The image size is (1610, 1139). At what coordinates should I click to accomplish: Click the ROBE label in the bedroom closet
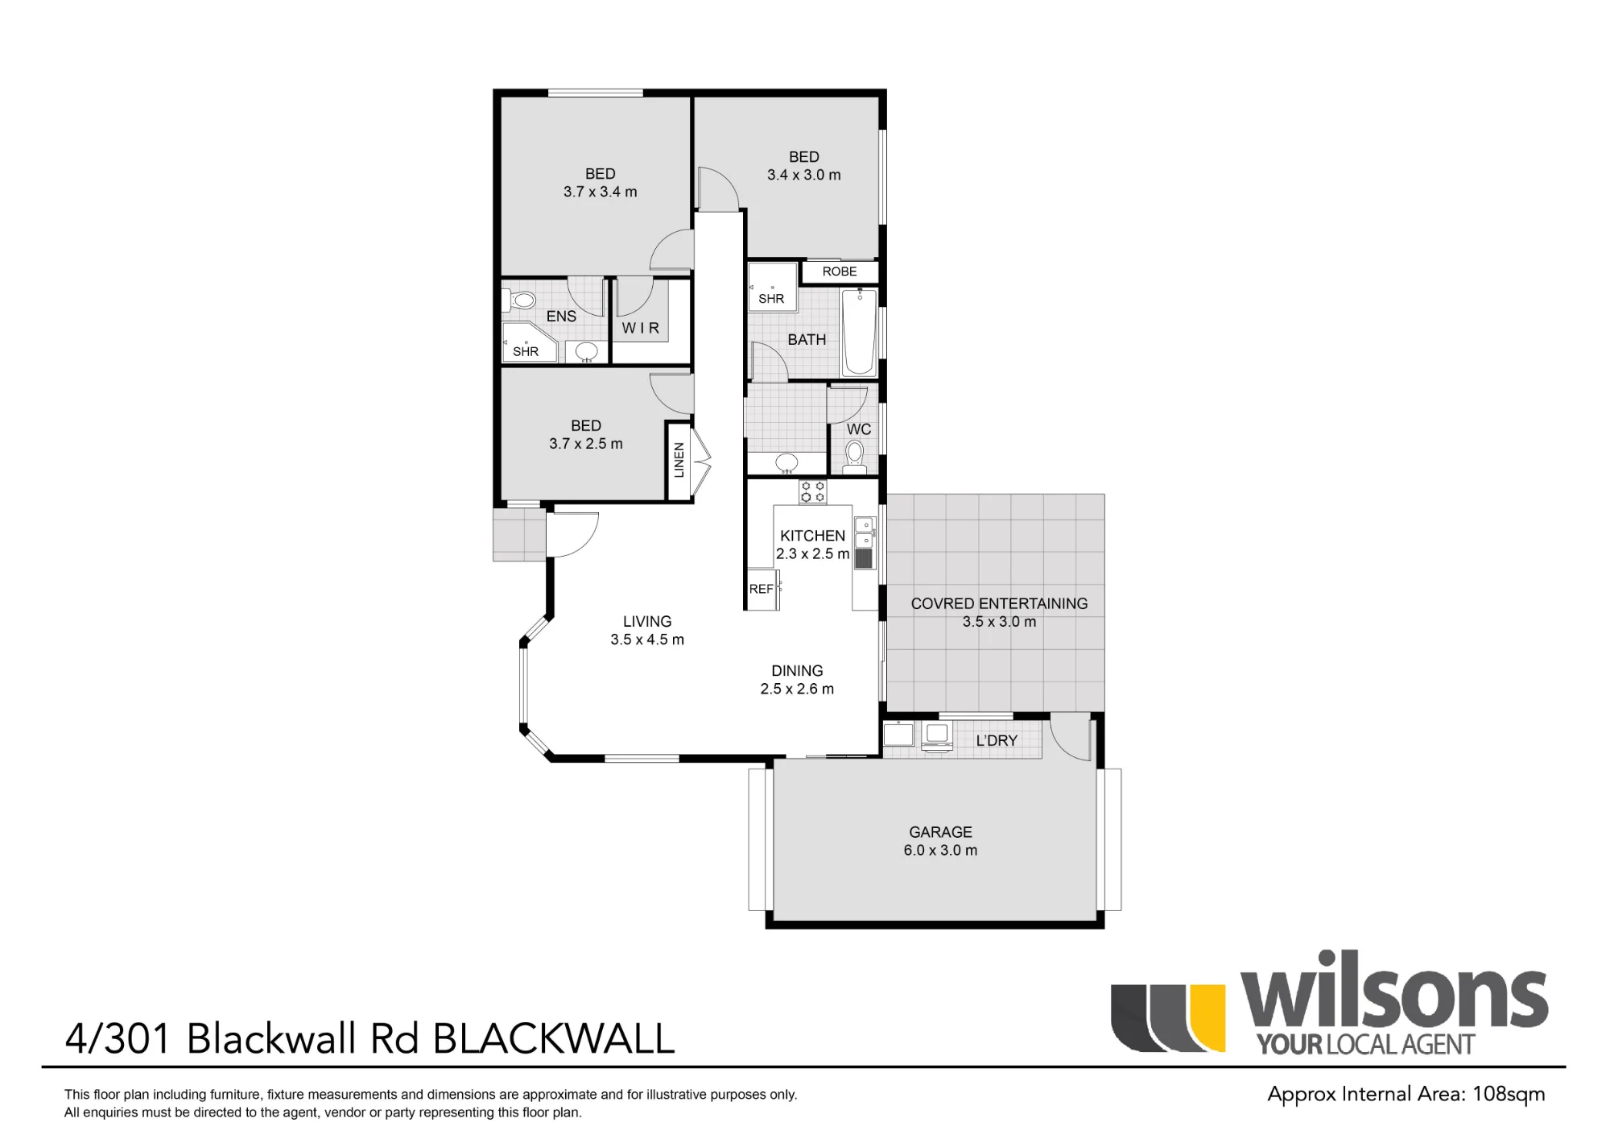click(840, 271)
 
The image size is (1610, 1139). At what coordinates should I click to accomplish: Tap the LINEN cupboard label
click(679, 460)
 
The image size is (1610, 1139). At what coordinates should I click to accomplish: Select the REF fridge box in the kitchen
click(762, 589)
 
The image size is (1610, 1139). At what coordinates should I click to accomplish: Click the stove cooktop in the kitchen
click(812, 491)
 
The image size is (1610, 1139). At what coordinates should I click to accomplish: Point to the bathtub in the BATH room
click(859, 333)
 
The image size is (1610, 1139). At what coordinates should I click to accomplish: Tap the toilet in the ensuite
click(519, 301)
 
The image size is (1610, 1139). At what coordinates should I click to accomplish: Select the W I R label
click(640, 328)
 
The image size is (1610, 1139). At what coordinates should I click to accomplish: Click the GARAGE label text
click(940, 832)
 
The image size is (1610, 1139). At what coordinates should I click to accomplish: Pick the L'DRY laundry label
click(997, 740)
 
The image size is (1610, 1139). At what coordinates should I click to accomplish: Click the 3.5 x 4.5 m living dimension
click(647, 640)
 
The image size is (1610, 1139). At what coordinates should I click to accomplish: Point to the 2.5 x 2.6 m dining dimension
click(797, 689)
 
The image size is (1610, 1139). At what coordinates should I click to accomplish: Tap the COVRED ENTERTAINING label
click(999, 603)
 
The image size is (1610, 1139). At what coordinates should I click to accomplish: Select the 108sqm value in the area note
click(1509, 1094)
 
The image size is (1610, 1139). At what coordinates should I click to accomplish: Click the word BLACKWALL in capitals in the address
click(554, 1038)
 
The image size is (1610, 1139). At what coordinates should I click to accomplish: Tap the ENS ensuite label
click(561, 317)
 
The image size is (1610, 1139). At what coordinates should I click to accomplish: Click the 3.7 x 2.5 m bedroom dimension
click(586, 444)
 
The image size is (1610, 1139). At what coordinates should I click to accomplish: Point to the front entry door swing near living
click(572, 534)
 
